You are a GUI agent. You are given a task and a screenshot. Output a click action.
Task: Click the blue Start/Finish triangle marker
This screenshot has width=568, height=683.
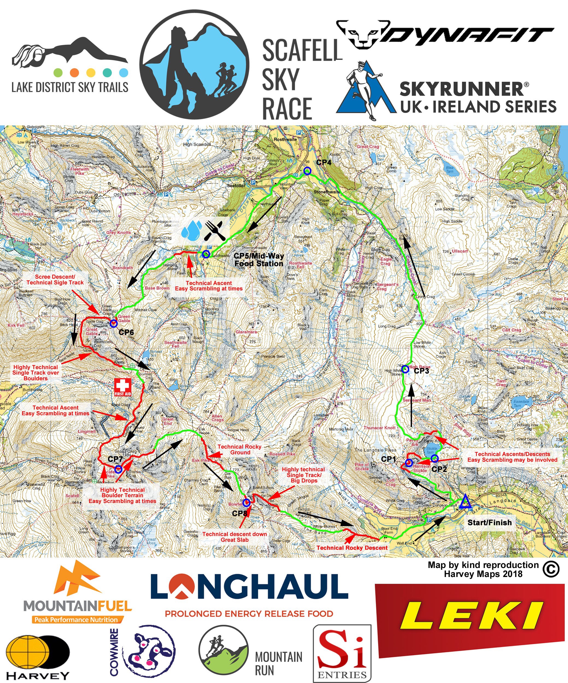(465, 502)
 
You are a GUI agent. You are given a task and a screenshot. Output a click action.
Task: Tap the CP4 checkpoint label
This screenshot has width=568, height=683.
(324, 162)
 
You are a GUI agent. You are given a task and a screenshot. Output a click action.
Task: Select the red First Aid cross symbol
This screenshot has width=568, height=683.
(123, 386)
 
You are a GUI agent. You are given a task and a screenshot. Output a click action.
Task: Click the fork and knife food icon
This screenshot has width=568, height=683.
(215, 230)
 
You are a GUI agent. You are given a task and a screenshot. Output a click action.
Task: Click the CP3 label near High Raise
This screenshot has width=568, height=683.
(421, 371)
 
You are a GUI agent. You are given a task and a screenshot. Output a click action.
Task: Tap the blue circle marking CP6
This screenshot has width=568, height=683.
(113, 323)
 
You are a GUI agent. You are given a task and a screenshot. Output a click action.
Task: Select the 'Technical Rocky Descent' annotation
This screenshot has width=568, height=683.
(352, 548)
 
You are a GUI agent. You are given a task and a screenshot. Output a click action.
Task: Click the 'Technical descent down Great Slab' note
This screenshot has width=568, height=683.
(235, 537)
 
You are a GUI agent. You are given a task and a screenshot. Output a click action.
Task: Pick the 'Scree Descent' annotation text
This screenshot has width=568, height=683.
(55, 280)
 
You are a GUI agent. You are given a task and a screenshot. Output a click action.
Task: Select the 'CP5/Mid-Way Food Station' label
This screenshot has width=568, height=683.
(259, 260)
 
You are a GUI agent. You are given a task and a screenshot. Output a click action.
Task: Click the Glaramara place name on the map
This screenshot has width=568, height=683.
(246, 332)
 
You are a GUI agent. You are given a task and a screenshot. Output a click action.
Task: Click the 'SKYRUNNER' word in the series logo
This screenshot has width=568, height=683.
(461, 89)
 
